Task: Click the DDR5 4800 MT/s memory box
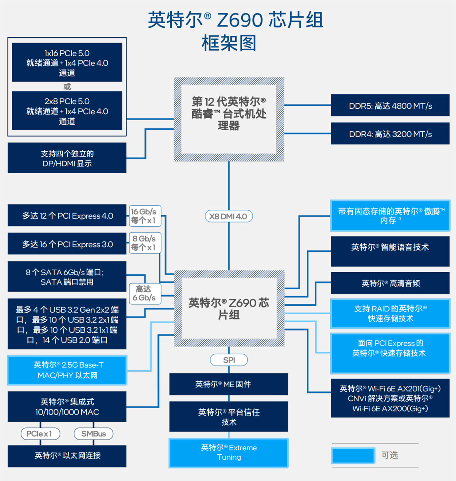coord(390,106)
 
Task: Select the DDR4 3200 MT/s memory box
coord(390,134)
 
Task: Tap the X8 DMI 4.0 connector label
coord(228,216)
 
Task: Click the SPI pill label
coord(229,360)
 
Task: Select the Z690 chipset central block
coord(229,308)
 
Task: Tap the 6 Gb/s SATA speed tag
coord(145,293)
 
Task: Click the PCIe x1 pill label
coord(41,433)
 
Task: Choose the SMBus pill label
coord(93,433)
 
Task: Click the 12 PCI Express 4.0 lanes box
coord(67,216)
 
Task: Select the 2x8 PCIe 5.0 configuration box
coord(67,111)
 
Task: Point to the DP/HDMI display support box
coord(67,158)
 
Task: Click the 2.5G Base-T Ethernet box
coord(67,370)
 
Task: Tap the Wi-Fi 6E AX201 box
coord(390,398)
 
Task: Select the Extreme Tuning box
coord(229,452)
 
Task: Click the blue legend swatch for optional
coord(353,455)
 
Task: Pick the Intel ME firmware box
coord(229,384)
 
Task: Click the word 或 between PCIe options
coord(67,87)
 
